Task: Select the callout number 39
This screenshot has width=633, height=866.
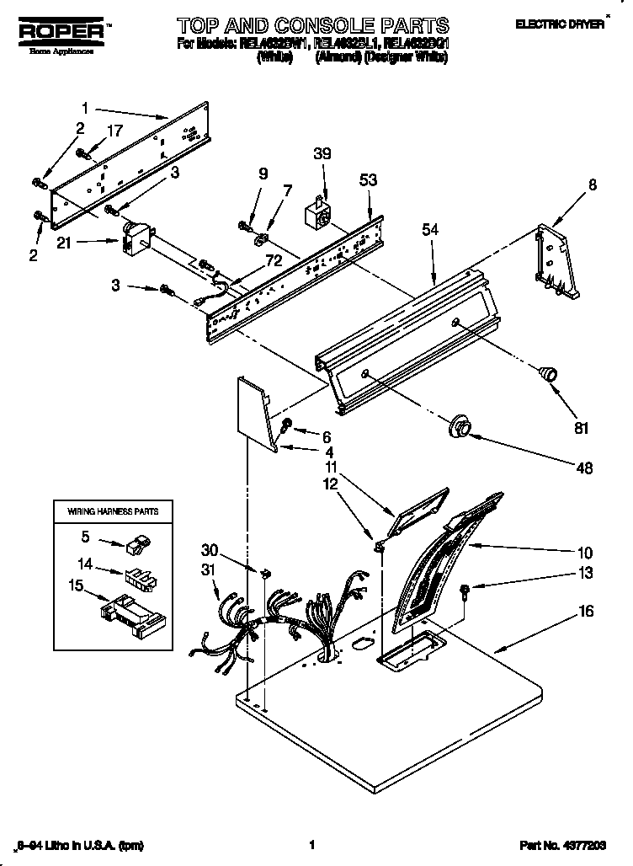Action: pos(322,153)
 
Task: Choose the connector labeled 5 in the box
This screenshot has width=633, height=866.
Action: pos(136,546)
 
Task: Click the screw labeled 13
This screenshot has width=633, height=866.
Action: pos(465,590)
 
